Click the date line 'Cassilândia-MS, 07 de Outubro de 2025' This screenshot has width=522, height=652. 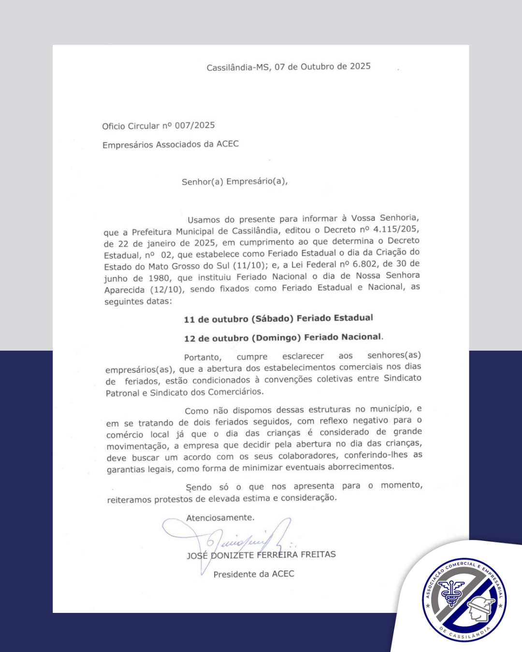point(289,67)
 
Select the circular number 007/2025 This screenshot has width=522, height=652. point(195,125)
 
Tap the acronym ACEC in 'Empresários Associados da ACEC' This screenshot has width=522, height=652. point(228,144)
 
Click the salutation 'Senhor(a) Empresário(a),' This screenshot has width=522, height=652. point(234,182)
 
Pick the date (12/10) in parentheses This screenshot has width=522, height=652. point(167,289)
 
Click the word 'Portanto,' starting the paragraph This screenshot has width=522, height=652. point(203,357)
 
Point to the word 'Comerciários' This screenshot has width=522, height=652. point(235,392)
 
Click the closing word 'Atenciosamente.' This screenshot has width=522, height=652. point(220,518)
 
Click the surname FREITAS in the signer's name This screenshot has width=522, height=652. point(318,554)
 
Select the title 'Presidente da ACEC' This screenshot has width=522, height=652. point(254,574)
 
